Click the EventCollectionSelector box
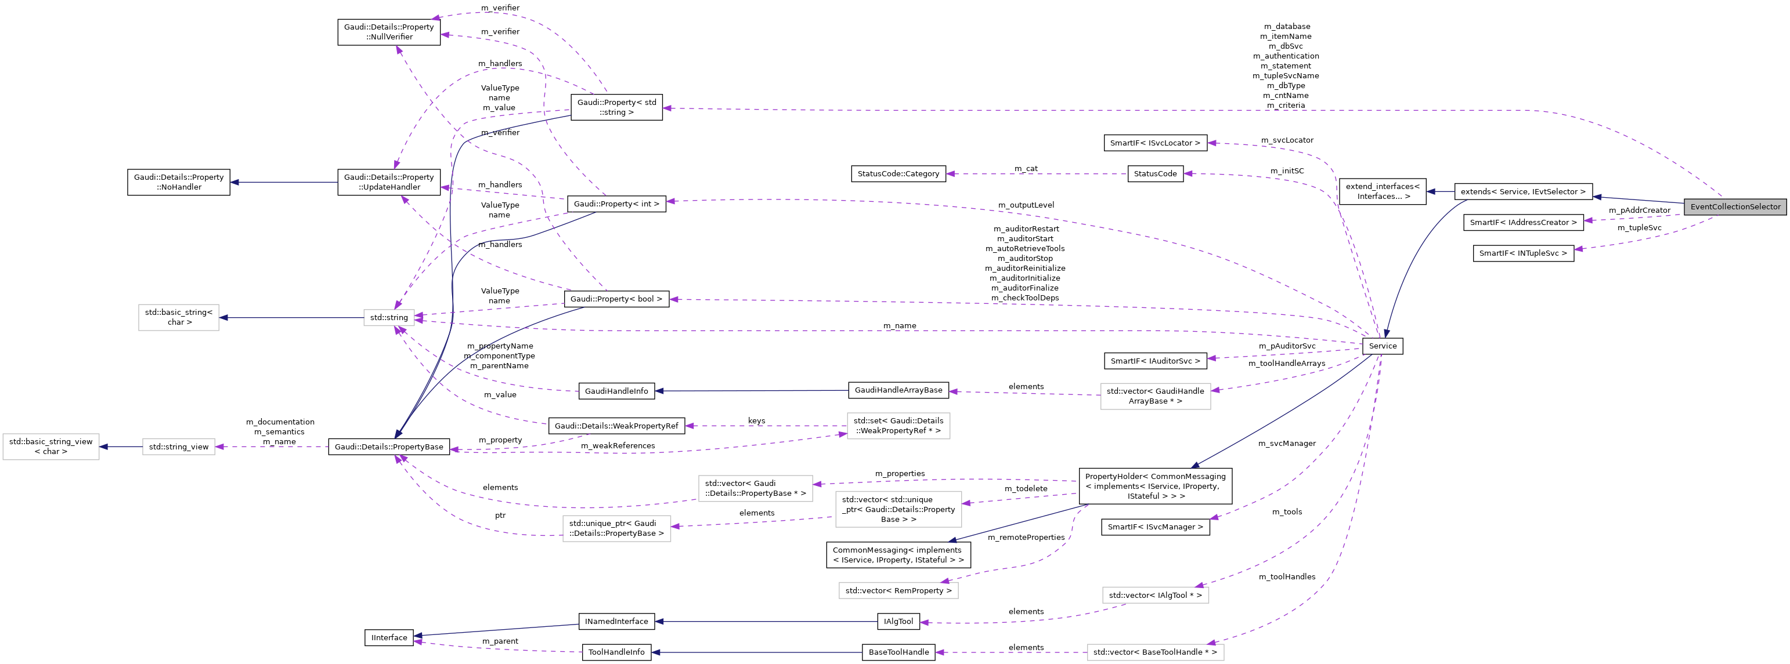tap(1734, 207)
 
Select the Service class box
tap(1382, 346)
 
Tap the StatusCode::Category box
tap(898, 173)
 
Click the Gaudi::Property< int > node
tap(616, 204)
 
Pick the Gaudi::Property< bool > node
tap(616, 299)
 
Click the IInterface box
tap(389, 637)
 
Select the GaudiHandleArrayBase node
tap(898, 390)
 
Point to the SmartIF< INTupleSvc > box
tap(1522, 253)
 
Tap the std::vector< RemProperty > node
tap(898, 591)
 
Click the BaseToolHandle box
tap(898, 652)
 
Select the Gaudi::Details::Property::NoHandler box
tap(179, 182)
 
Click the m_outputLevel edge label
tap(1026, 205)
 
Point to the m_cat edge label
tap(1026, 169)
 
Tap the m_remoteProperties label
tap(1026, 538)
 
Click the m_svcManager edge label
tap(1286, 443)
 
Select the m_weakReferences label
tap(617, 446)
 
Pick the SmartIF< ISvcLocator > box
tap(1154, 143)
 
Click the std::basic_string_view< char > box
tap(50, 447)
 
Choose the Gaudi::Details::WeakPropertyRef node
tap(616, 426)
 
